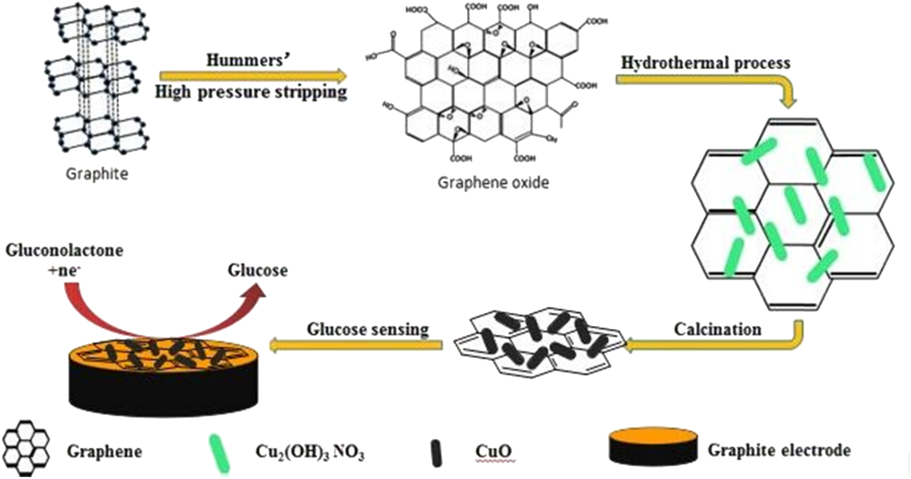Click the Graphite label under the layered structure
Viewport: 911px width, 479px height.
click(97, 173)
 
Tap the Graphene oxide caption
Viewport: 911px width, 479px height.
click(493, 183)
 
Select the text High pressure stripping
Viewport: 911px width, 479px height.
click(251, 92)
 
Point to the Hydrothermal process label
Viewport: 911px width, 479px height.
click(705, 63)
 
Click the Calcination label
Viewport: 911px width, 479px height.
click(717, 329)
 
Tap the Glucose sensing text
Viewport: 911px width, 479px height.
click(367, 329)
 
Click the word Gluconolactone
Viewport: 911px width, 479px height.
click(64, 251)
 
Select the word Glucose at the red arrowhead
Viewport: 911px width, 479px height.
click(257, 270)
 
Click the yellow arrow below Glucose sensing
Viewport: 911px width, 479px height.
click(355, 346)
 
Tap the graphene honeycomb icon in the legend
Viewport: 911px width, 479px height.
click(27, 449)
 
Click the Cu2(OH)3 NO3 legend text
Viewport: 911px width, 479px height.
click(309, 452)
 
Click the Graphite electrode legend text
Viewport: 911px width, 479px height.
click(779, 449)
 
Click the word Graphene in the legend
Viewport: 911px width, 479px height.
click(104, 451)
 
